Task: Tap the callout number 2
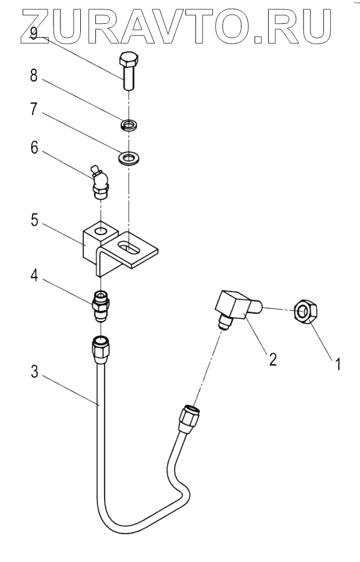point(271,358)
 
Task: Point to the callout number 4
point(34,275)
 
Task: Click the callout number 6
point(34,149)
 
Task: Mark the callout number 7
point(34,111)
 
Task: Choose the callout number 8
point(34,75)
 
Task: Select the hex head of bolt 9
point(128,60)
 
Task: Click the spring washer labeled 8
point(129,125)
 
